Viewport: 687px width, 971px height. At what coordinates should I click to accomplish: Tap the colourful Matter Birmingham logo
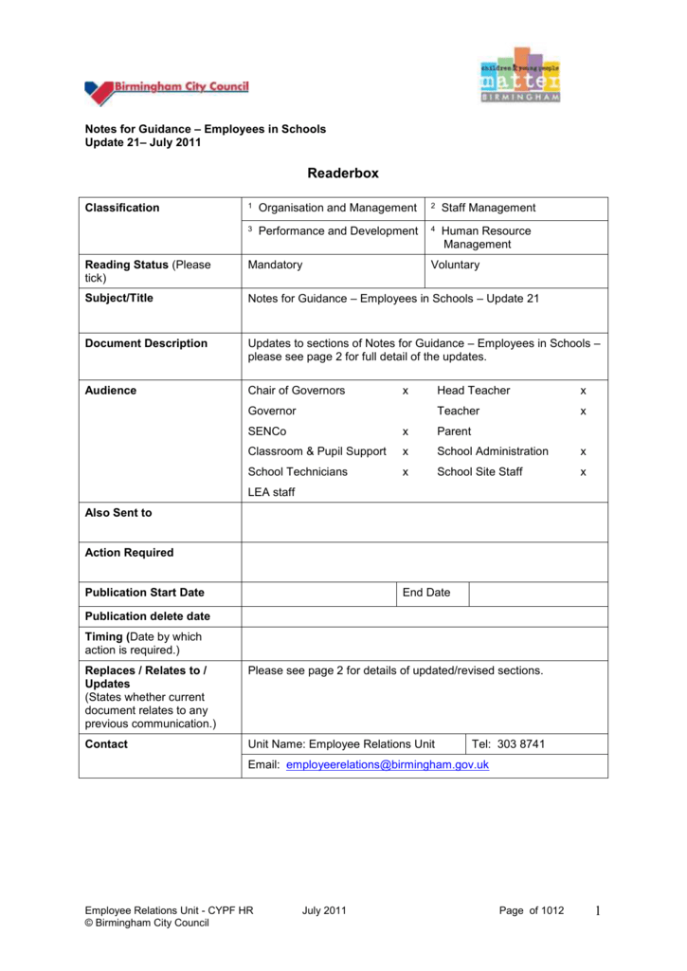[519, 76]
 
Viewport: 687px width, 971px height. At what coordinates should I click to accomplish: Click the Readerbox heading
[343, 173]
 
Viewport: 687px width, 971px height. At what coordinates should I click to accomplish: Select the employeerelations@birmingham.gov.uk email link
[387, 764]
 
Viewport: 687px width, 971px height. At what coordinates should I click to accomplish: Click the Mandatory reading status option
[275, 266]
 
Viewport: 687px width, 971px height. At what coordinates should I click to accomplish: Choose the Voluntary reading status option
[455, 266]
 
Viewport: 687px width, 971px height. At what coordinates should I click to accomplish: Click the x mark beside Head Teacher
[583, 391]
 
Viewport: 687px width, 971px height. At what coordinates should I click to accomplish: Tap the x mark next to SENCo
[405, 431]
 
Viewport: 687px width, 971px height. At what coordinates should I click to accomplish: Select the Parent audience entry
[454, 431]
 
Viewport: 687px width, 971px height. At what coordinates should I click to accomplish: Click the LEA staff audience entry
[271, 492]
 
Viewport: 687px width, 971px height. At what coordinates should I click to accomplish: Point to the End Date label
[426, 593]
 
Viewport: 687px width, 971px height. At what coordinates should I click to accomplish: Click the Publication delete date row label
[147, 616]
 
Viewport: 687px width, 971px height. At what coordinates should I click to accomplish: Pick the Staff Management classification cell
[488, 208]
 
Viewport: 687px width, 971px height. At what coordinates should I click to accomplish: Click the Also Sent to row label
[118, 513]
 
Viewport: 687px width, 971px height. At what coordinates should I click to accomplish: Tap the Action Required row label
[129, 553]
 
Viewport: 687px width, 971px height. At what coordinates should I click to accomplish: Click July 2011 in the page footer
[324, 911]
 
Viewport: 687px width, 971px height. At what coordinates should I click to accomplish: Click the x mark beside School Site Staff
[583, 472]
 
